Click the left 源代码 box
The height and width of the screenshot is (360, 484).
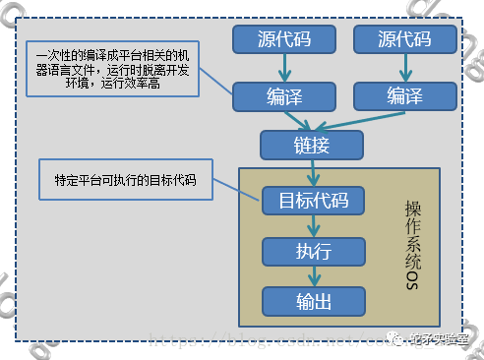tap(283, 40)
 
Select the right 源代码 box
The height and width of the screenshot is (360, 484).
tap(405, 40)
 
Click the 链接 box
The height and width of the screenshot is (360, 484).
tap(311, 145)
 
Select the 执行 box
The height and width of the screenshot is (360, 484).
tap(313, 251)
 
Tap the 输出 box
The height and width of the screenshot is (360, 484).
tap(313, 301)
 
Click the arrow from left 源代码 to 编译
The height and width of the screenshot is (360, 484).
tap(283, 68)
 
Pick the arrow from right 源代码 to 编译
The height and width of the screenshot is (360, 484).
tap(405, 68)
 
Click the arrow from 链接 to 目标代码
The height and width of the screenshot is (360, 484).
tap(312, 172)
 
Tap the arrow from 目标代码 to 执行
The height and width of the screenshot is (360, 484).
tap(313, 226)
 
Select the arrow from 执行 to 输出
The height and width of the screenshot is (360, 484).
tap(313, 276)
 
